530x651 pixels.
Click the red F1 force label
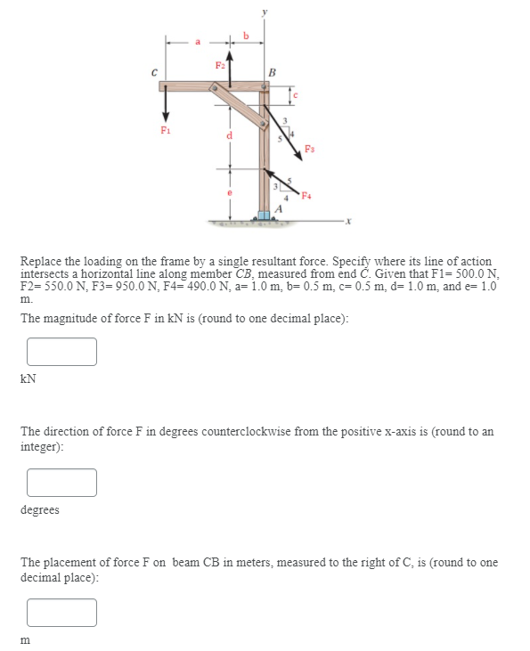point(166,130)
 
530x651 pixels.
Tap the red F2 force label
point(220,65)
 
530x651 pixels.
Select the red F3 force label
point(309,148)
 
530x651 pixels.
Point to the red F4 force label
point(306,195)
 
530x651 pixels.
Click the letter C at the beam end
point(154,73)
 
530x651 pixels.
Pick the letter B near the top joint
point(272,73)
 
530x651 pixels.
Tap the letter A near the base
point(279,208)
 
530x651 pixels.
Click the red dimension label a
point(198,42)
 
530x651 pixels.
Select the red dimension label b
point(246,36)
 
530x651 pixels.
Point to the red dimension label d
point(229,135)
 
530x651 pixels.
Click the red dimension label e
point(229,192)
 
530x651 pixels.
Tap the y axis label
point(265,12)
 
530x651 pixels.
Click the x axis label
point(348,221)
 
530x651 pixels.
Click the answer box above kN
point(61,352)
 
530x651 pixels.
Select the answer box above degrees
point(61,483)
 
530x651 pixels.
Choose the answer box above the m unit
point(61,613)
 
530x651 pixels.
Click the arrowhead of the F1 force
point(166,116)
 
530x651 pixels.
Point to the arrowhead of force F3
point(298,155)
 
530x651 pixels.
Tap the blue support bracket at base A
point(265,215)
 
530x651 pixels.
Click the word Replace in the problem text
point(41,262)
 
